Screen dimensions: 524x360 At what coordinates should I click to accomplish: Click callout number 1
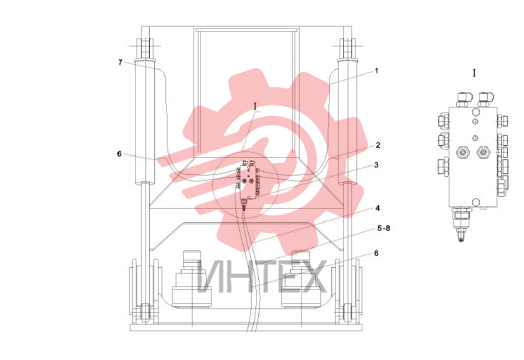(x=376, y=71)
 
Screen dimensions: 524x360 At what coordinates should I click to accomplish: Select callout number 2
(x=378, y=145)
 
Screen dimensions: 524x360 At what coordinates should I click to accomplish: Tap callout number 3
(x=376, y=165)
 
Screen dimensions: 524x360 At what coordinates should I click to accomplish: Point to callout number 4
(x=378, y=208)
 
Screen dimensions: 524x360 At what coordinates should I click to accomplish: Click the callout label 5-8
(x=384, y=228)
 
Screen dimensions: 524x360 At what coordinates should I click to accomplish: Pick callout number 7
(x=120, y=63)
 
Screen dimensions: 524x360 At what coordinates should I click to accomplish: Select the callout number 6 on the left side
(x=120, y=154)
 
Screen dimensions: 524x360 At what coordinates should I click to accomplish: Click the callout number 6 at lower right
(x=376, y=254)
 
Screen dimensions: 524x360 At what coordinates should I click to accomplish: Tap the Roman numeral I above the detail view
(x=474, y=73)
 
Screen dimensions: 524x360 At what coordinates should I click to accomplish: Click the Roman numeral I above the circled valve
(x=255, y=107)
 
